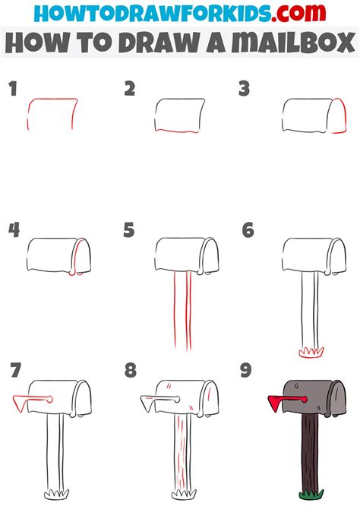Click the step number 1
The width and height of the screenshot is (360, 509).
point(13,90)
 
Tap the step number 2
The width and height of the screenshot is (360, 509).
point(130,90)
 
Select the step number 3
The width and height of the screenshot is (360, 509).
point(245,90)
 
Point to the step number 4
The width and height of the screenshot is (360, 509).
point(14,230)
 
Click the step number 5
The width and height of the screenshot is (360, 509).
point(129,230)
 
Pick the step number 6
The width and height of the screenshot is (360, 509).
point(248,230)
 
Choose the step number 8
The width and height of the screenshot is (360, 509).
point(131,371)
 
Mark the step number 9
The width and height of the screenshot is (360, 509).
point(248,371)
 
